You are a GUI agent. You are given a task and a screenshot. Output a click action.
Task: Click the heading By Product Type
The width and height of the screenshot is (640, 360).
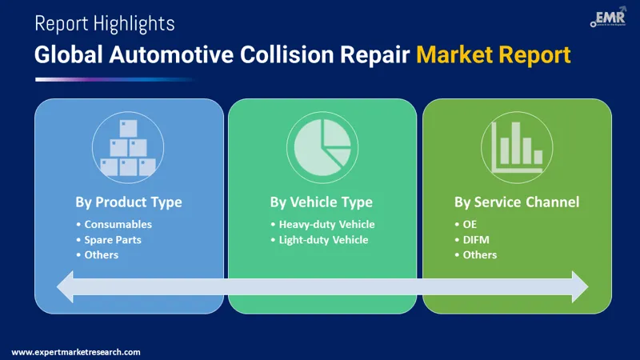click(129, 202)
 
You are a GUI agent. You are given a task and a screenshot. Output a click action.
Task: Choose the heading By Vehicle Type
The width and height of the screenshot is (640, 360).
click(321, 202)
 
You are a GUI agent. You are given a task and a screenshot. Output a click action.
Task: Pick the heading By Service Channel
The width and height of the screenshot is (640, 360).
click(516, 202)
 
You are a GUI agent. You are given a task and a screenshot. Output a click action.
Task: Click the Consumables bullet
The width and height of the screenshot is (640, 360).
click(118, 224)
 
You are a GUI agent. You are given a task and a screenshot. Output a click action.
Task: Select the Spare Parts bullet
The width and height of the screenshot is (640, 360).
click(116, 239)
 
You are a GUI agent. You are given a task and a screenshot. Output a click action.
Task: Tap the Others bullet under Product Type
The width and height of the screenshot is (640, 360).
click(102, 254)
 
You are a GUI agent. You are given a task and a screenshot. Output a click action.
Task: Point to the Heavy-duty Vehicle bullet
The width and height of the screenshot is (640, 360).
click(326, 224)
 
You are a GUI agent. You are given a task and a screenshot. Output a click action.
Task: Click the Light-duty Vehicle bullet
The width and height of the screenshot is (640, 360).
click(324, 239)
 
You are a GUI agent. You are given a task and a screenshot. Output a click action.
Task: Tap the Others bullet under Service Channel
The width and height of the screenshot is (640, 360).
click(480, 254)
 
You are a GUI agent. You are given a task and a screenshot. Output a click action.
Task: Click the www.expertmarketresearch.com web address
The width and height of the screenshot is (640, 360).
click(76, 351)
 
